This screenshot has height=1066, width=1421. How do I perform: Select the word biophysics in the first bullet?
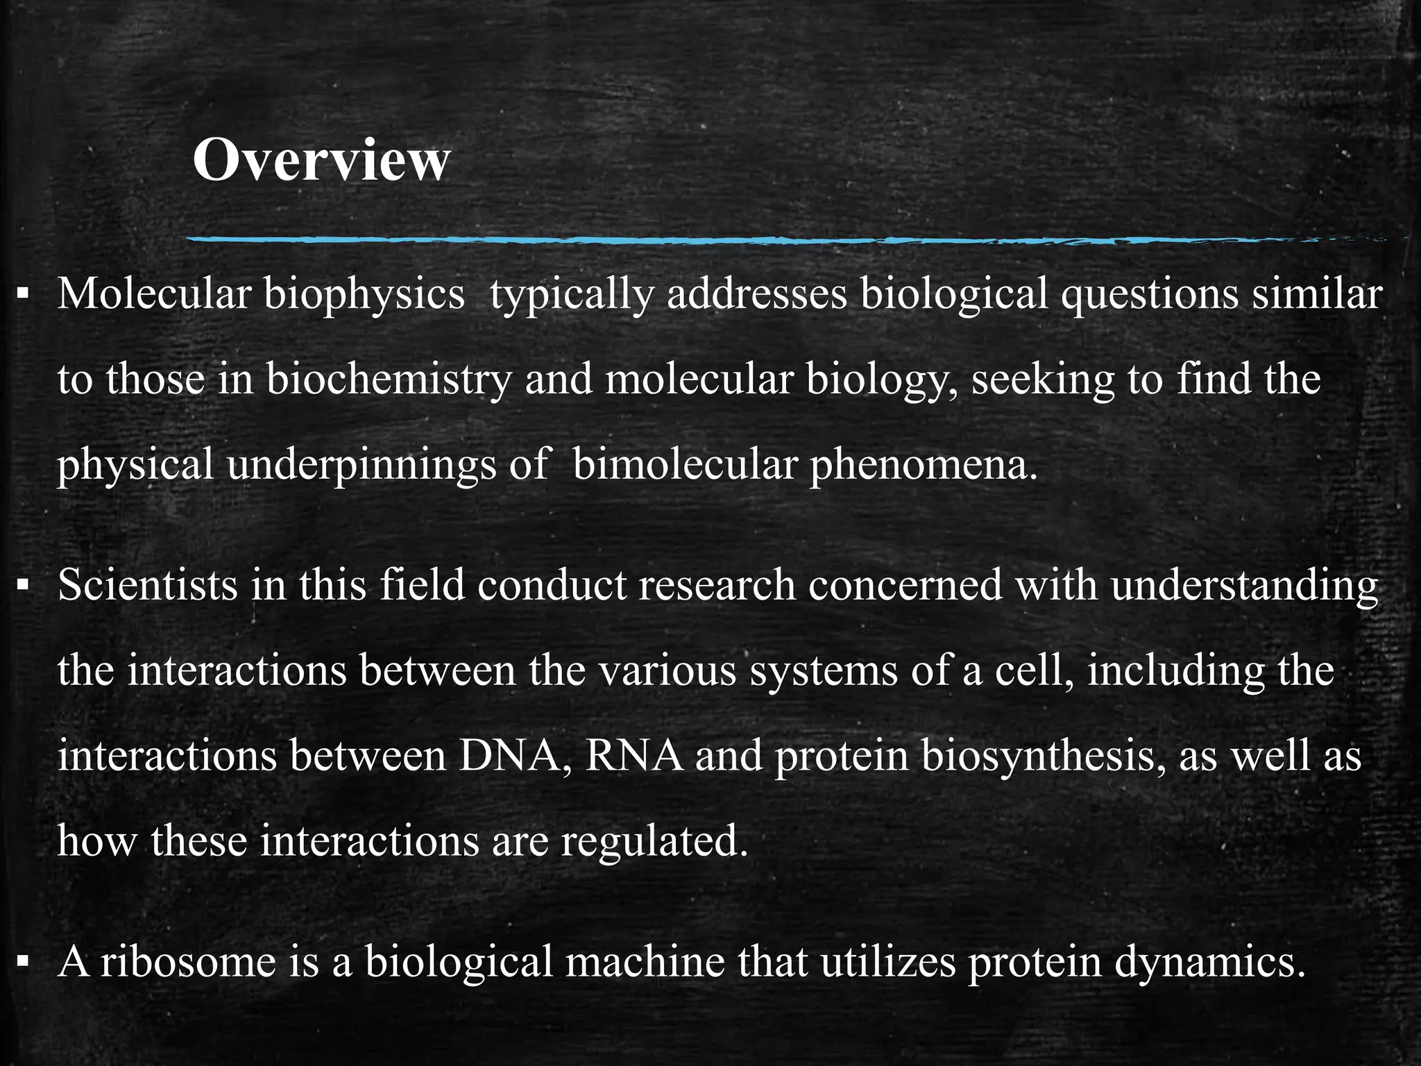tap(364, 294)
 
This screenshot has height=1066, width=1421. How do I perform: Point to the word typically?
tap(571, 294)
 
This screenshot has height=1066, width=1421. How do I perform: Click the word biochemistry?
tap(389, 380)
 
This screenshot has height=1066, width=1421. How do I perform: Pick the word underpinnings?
tap(361, 465)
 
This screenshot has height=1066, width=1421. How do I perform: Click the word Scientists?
tap(148, 585)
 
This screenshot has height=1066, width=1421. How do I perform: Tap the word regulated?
tap(654, 841)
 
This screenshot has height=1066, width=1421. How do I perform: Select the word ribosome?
tap(188, 963)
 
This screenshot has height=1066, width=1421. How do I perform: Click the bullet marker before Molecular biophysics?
tap(24, 295)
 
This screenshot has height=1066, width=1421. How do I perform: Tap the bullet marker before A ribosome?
tap(24, 963)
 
